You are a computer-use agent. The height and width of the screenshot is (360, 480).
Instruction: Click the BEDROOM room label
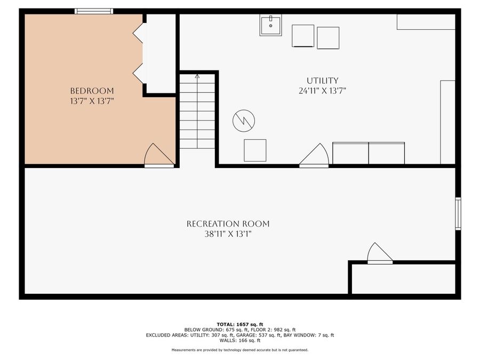coord(92,91)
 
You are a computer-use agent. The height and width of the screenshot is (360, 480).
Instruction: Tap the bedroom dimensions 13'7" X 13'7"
coord(92,100)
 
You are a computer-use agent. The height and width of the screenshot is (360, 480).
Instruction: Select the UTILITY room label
coord(323,81)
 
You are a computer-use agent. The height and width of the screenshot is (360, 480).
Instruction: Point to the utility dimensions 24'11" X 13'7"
coord(323,91)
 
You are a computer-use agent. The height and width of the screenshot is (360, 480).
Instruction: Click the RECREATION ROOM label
coord(228,224)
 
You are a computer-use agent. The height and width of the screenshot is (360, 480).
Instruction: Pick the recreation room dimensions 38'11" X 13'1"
coord(228,234)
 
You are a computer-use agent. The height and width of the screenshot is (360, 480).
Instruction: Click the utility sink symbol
coord(271,25)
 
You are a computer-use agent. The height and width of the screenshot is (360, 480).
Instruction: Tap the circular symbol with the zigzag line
coord(244,121)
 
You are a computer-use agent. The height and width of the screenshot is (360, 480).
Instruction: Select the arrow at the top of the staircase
coord(197,77)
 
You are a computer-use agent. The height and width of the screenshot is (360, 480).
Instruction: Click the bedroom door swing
coord(158,156)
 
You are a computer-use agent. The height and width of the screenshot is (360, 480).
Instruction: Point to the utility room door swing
coord(315,156)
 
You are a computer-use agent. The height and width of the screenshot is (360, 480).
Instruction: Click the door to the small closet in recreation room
coord(380,253)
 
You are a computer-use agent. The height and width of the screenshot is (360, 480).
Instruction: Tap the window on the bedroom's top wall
coord(93,11)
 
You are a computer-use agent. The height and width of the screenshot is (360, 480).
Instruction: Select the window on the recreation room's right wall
coord(458,213)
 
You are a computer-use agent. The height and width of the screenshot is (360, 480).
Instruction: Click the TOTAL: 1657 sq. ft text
coord(240,324)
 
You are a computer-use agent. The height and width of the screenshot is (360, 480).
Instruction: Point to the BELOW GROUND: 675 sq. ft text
coord(210,330)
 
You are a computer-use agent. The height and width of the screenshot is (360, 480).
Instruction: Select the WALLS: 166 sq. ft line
coord(240,340)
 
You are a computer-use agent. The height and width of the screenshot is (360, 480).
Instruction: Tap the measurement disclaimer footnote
coord(240,350)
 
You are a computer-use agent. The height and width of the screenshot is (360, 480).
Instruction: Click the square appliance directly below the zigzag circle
coord(255,150)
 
